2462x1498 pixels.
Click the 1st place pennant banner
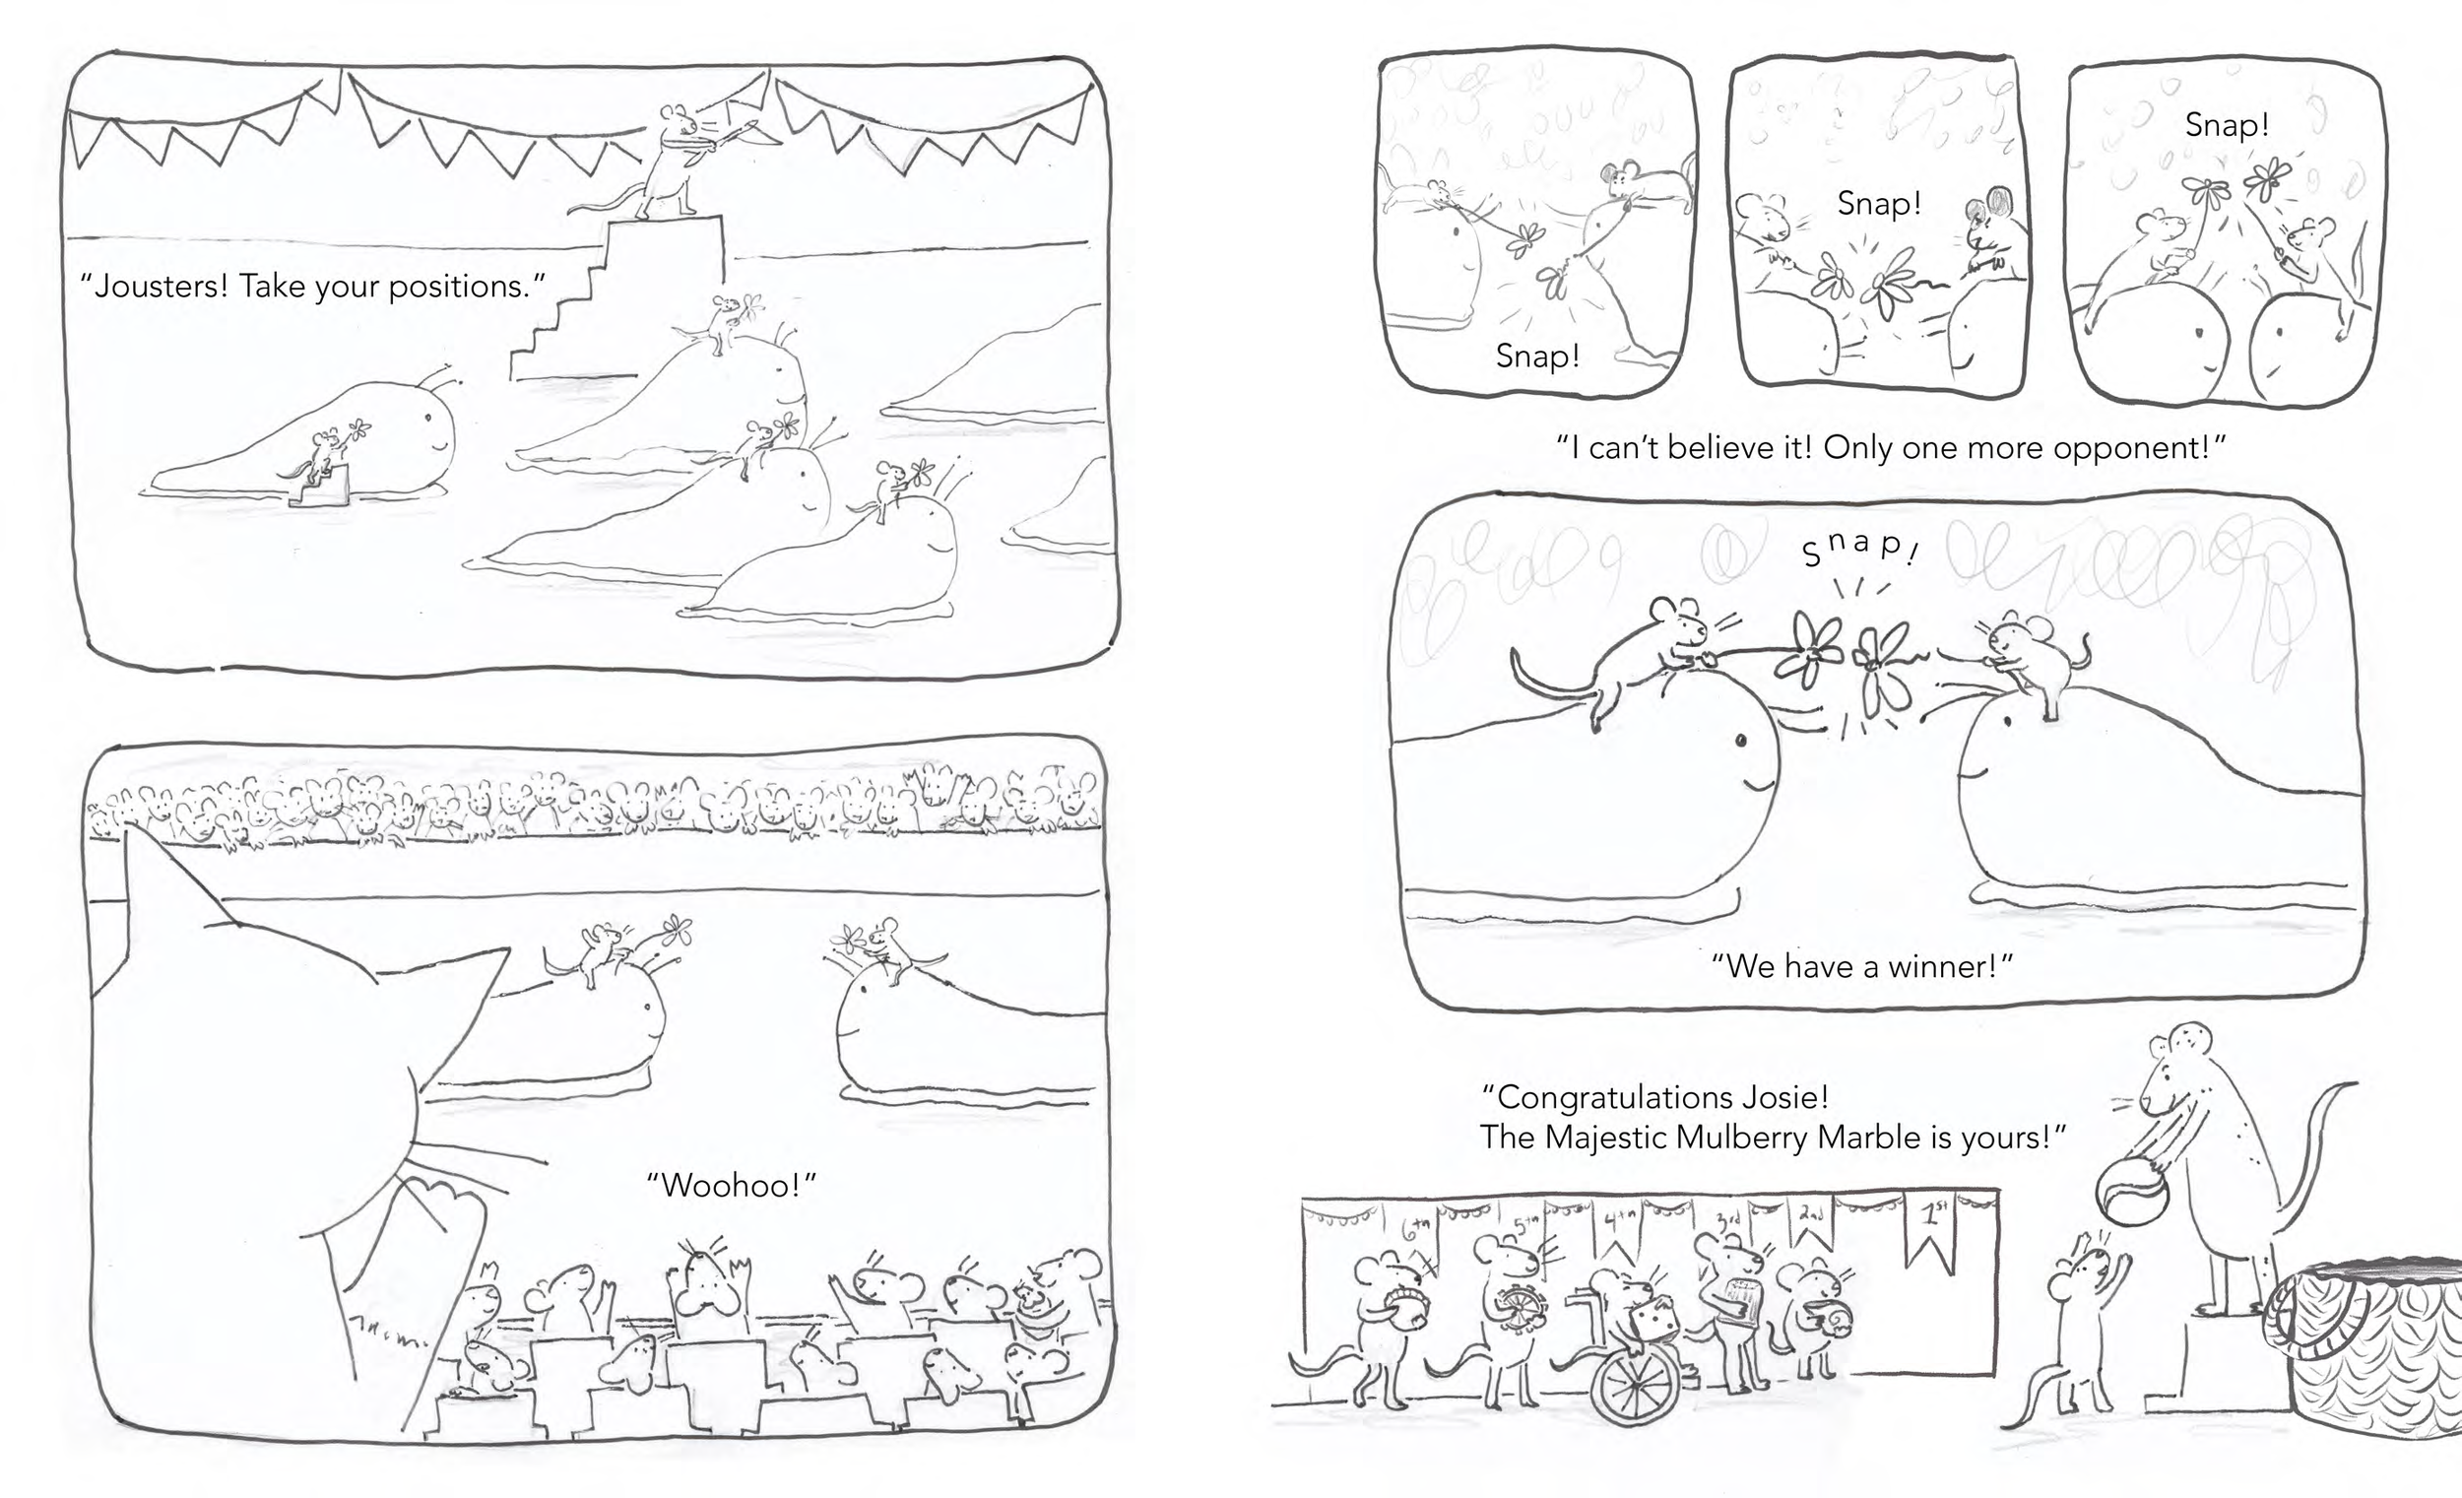tap(1934, 1229)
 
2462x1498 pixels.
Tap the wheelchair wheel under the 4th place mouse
tap(1634, 1387)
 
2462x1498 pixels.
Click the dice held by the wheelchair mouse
tap(1653, 1324)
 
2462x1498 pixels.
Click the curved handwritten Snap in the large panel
tap(1860, 547)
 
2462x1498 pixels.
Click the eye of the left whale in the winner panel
tap(1740, 740)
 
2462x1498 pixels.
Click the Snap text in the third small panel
tap(2227, 126)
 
